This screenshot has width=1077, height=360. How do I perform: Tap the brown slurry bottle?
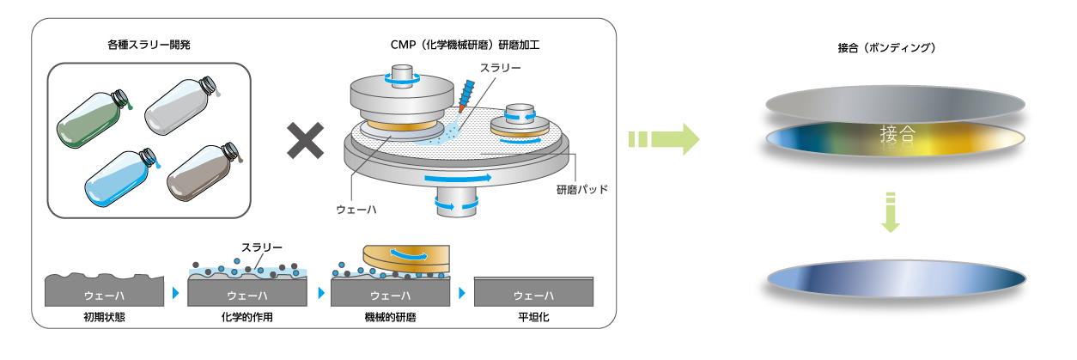199,177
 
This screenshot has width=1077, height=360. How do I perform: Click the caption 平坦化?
532,318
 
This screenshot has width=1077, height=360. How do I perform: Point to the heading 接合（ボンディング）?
893,48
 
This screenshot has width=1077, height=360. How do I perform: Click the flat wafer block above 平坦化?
532,292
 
